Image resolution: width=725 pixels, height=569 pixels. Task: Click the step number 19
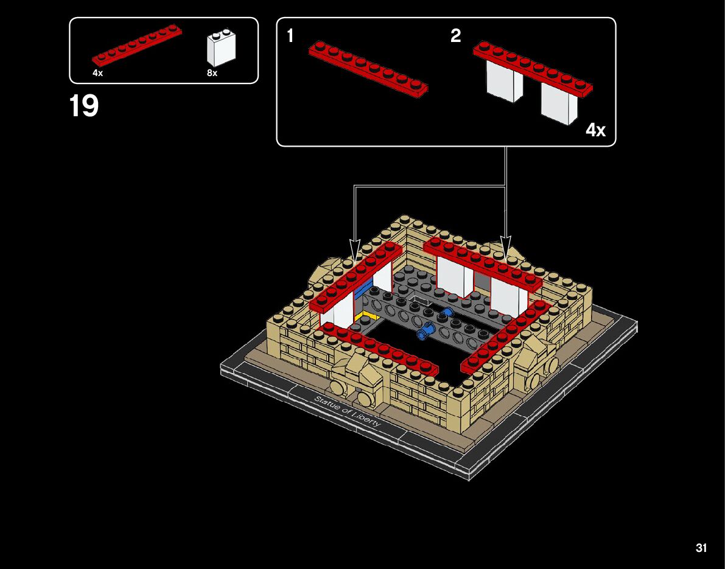point(84,106)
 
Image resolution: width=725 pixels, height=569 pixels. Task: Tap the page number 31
point(701,548)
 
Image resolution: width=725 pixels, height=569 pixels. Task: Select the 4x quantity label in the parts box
point(97,73)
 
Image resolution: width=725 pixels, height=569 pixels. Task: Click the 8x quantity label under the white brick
point(212,73)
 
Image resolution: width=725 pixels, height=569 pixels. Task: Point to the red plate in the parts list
point(137,45)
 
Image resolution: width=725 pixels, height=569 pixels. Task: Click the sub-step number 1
point(290,37)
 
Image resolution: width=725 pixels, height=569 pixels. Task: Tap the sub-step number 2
point(455,37)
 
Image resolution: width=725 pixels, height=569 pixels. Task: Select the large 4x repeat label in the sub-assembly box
point(595,130)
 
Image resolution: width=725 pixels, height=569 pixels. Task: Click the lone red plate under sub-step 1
point(368,68)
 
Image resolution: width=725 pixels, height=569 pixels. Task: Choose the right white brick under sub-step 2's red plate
point(559,102)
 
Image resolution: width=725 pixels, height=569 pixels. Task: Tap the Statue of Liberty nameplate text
point(346,411)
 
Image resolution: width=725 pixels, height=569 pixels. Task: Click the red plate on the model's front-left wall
point(380,348)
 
